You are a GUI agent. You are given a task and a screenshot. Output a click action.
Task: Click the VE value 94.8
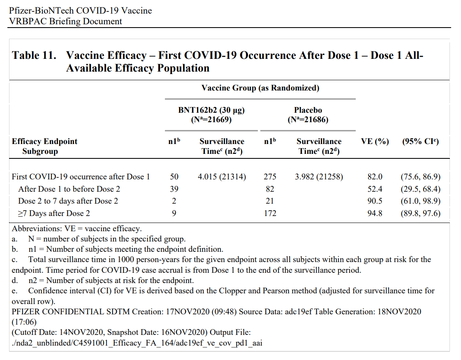pyautogui.click(x=375, y=213)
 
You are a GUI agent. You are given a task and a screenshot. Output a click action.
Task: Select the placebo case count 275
pyautogui.click(x=270, y=177)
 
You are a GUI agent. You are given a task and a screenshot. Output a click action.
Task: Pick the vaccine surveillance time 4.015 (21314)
pyautogui.click(x=222, y=177)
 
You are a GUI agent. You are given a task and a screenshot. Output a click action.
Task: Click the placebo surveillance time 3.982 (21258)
pyautogui.click(x=319, y=177)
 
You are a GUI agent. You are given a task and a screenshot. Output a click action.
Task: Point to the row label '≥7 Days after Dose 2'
pyautogui.click(x=54, y=213)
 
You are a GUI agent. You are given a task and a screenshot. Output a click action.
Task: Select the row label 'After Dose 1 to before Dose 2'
pyautogui.click(x=69, y=189)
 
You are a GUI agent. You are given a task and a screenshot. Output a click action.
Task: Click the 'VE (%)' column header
pyautogui.click(x=375, y=142)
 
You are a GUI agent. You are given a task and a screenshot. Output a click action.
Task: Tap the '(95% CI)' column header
pyautogui.click(x=420, y=142)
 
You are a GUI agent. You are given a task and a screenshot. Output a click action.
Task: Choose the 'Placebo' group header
pyautogui.click(x=308, y=110)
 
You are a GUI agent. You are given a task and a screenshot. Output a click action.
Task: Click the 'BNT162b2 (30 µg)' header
pyautogui.click(x=211, y=110)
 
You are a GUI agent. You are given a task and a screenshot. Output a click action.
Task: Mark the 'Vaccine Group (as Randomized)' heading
pyautogui.click(x=260, y=88)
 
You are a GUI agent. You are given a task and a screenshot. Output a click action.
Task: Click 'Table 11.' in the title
pyautogui.click(x=34, y=55)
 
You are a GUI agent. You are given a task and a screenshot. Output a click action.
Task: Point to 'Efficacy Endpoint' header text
pyautogui.click(x=44, y=141)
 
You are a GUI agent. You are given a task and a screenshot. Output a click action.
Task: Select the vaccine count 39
pyautogui.click(x=174, y=189)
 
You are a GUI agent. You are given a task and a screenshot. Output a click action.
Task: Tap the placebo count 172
pyautogui.click(x=270, y=213)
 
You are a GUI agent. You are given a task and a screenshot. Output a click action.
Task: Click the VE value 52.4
pyautogui.click(x=375, y=189)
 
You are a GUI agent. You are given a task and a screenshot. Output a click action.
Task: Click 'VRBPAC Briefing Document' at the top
pyautogui.click(x=65, y=21)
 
